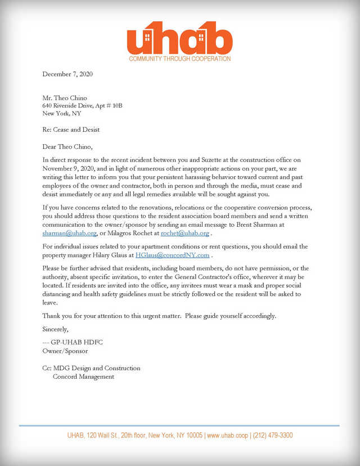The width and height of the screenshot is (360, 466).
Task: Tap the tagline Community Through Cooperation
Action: tap(179, 59)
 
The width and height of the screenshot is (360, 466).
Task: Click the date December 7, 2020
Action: tap(67, 74)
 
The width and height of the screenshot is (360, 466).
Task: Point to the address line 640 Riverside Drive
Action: tap(82, 105)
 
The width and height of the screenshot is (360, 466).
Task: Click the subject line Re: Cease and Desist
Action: tap(71, 129)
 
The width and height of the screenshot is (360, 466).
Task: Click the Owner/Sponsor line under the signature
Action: tap(65, 351)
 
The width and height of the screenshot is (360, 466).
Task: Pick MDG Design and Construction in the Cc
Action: tap(96, 368)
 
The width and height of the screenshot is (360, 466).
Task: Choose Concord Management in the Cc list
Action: tap(83, 377)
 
